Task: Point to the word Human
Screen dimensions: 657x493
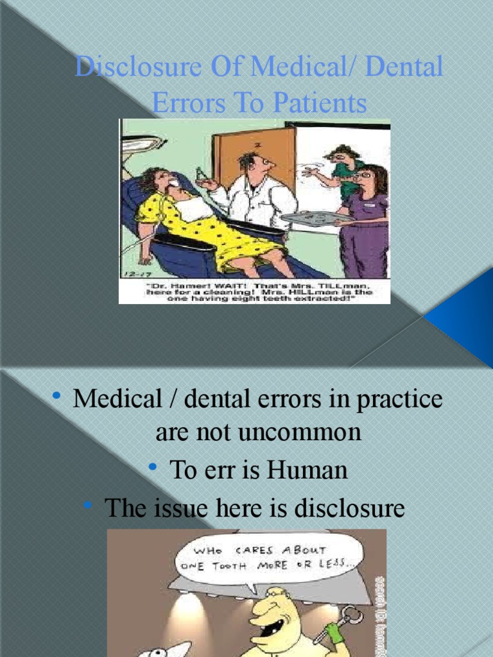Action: (x=307, y=470)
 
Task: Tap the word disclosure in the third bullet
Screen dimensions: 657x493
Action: (x=349, y=509)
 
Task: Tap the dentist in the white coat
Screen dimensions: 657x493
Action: (x=257, y=192)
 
